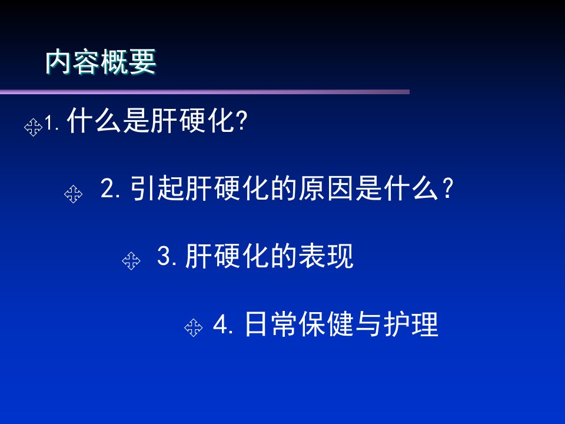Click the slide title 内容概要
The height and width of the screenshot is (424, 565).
click(101, 62)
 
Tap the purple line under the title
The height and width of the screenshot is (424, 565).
click(205, 92)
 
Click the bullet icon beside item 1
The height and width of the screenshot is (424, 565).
click(33, 127)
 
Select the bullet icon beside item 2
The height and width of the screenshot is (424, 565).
click(73, 194)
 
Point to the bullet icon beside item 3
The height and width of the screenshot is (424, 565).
click(131, 261)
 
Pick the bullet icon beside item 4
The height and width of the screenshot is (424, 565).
click(194, 327)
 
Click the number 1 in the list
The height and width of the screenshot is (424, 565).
click(49, 124)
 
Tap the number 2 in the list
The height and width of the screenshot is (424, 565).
click(107, 187)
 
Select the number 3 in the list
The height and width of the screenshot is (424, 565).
click(164, 255)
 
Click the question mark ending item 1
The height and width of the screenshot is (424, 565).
click(242, 121)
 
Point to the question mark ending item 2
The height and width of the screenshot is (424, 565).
click(447, 188)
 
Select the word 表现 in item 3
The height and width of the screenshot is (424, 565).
click(327, 256)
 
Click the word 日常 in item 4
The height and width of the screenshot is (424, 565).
click(271, 324)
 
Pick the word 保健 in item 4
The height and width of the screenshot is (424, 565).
click(325, 324)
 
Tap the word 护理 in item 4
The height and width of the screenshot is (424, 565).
click(411, 324)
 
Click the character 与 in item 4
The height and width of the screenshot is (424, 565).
click(368, 324)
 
